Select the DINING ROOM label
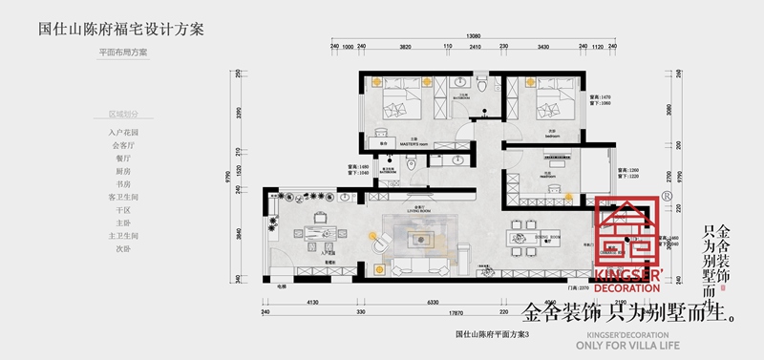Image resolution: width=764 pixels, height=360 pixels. (547, 235)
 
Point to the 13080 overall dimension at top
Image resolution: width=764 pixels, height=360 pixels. (474, 36)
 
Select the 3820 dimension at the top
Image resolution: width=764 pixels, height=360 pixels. (405, 46)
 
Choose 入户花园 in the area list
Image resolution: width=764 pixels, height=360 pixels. (123, 132)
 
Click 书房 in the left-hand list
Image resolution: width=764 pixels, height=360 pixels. (123, 183)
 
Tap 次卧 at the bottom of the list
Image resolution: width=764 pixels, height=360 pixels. (123, 248)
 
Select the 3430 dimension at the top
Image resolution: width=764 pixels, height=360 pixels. (542, 46)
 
